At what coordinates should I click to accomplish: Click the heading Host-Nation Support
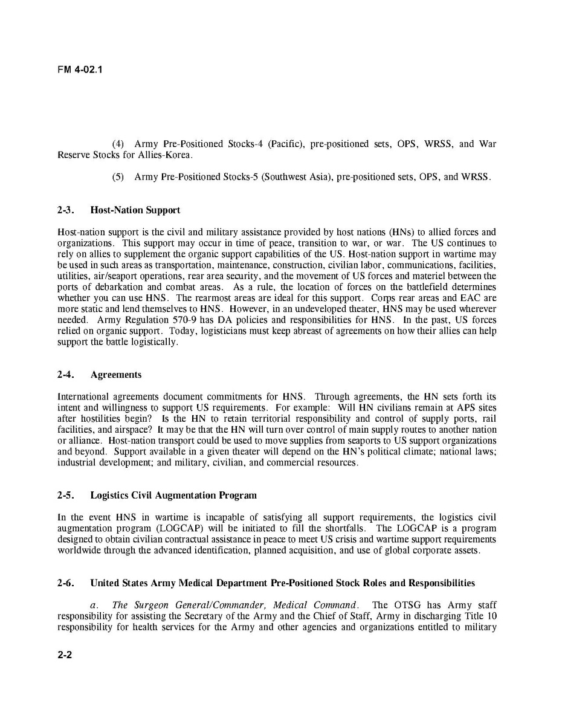(x=135, y=210)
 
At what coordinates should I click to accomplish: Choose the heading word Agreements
(x=116, y=375)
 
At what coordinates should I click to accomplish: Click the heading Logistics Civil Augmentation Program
(x=173, y=496)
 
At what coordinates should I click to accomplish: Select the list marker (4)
(x=118, y=144)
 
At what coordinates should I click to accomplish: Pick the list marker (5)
(x=118, y=177)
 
